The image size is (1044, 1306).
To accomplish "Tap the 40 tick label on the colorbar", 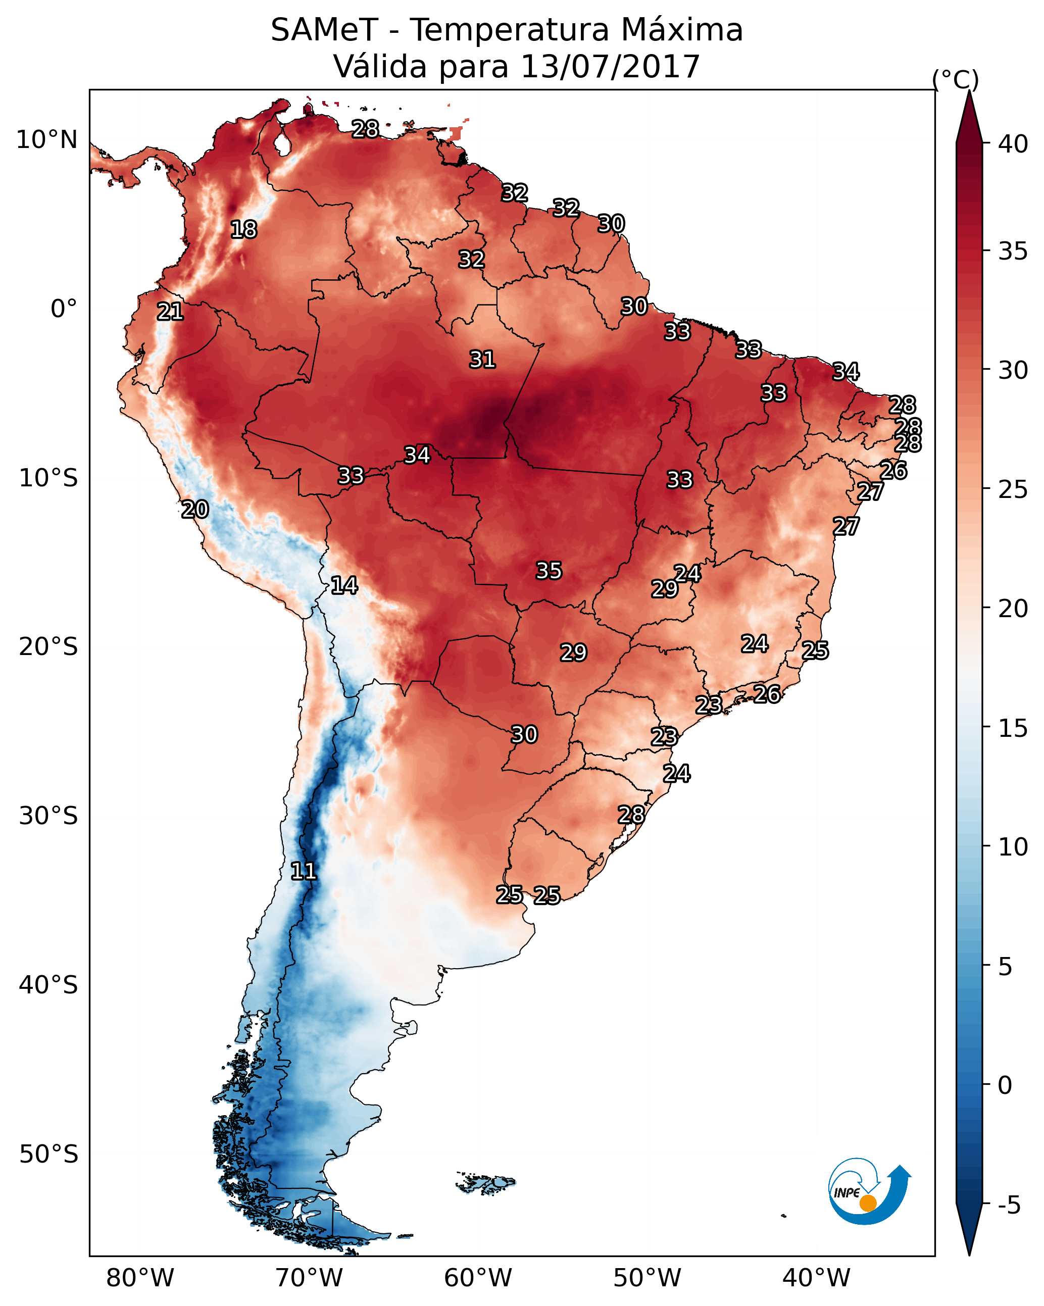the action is point(1013,144).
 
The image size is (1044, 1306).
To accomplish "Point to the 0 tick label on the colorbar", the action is point(1005,1085).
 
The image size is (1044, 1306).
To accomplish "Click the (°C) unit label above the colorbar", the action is point(956,79).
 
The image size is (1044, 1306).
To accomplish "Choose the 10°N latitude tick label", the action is point(46,140).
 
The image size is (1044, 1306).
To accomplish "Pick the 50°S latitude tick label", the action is point(48,1154).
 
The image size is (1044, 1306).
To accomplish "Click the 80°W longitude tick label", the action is point(140,1278).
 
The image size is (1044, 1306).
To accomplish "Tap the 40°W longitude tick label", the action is point(816,1278).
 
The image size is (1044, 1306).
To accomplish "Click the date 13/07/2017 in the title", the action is point(610,66).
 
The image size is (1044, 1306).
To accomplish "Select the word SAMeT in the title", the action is point(324,30).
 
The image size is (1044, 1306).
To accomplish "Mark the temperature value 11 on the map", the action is point(304,871).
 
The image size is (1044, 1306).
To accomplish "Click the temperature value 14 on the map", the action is point(344,585).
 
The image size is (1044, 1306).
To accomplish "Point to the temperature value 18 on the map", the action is point(243,230).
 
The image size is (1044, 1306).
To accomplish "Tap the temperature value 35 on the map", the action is point(549,571).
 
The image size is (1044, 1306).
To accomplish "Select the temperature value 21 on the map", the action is point(170,312).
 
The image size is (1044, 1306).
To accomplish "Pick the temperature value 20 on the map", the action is point(195,510).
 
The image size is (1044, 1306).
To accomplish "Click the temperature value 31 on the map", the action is point(482,360).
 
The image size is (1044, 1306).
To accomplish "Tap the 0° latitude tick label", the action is point(64,309).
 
